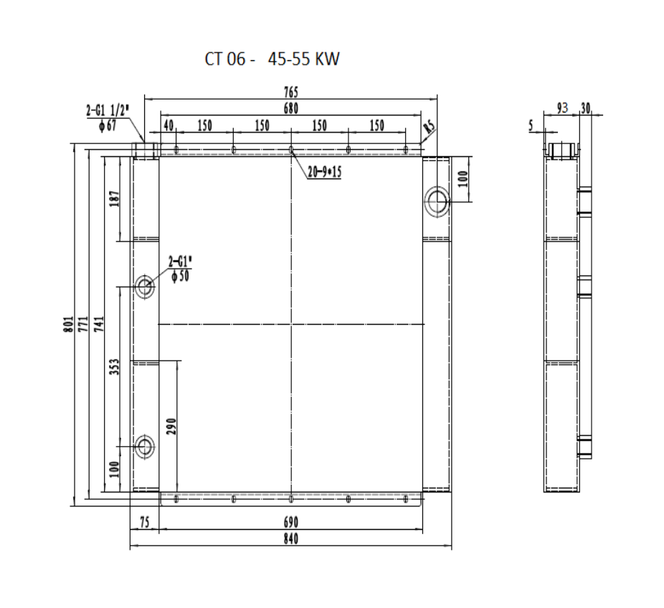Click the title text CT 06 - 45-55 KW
coord(272,59)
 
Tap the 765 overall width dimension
coord(291,92)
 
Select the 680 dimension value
coord(291,109)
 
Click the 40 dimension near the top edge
coord(169,125)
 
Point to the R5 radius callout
coord(429,127)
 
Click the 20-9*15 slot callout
coord(324,172)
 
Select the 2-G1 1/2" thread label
coord(108,111)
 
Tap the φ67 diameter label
coord(108,125)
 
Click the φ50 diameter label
coord(181,276)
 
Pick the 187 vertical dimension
coord(115,199)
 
